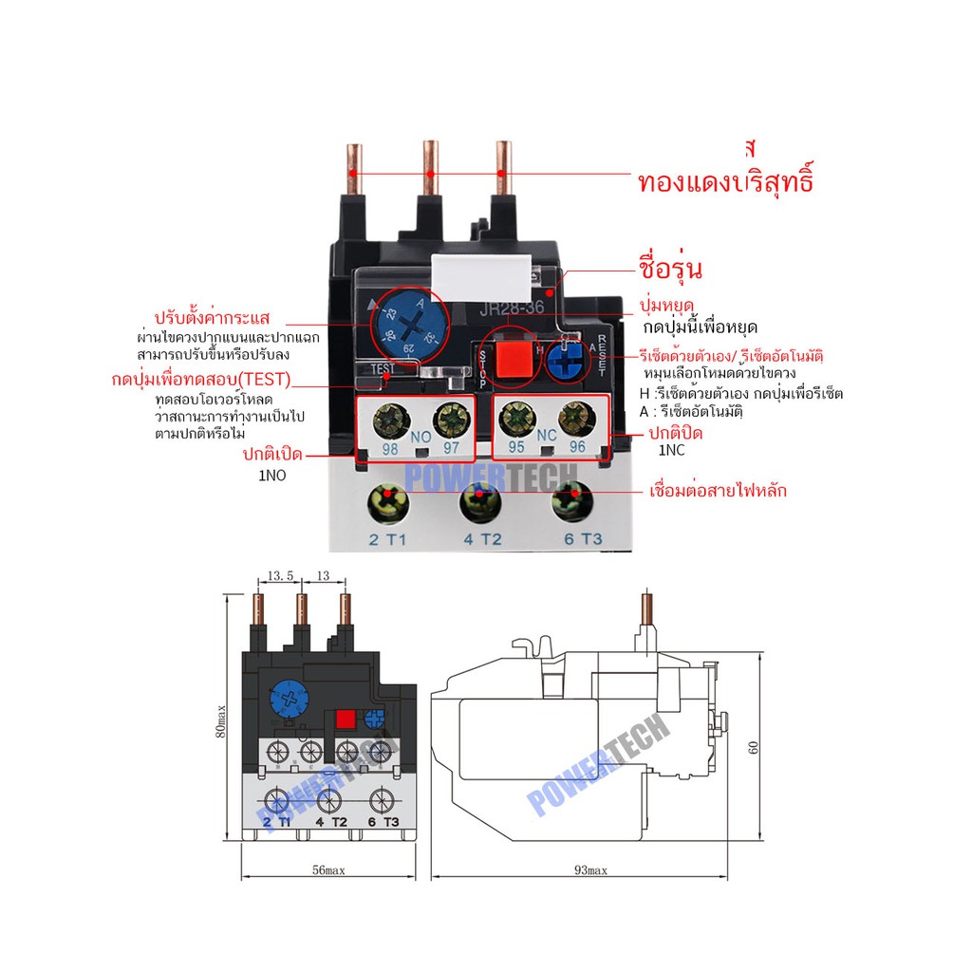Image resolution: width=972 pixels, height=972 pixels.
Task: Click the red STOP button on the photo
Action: pos(514,359)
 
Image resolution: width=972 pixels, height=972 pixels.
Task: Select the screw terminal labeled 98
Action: pos(388,418)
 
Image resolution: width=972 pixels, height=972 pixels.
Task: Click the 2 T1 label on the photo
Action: pos(386,540)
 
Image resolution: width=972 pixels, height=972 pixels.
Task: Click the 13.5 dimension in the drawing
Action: pos(280,575)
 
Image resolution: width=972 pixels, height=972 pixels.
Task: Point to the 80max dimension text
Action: pos(220,720)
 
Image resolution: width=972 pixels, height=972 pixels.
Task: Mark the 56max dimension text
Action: pos(327,870)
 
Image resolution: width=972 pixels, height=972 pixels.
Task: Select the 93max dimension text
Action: pos(589,870)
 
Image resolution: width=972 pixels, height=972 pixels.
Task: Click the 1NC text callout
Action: pos(672,453)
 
